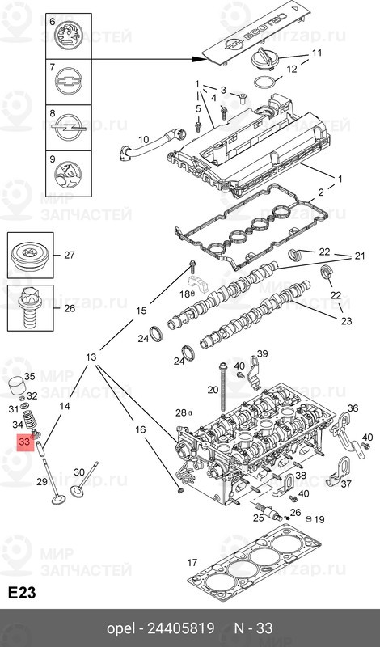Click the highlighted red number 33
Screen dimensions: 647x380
coord(24,443)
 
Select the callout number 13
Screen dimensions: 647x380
coord(91,357)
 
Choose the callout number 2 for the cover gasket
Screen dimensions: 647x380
coord(320,192)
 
